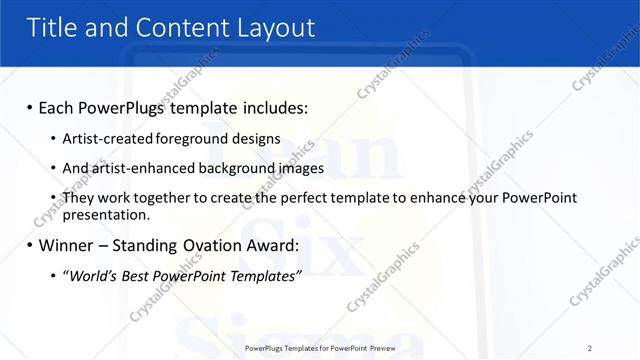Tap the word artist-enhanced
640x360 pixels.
[x=135, y=168]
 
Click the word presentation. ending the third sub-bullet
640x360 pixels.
[x=106, y=214]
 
